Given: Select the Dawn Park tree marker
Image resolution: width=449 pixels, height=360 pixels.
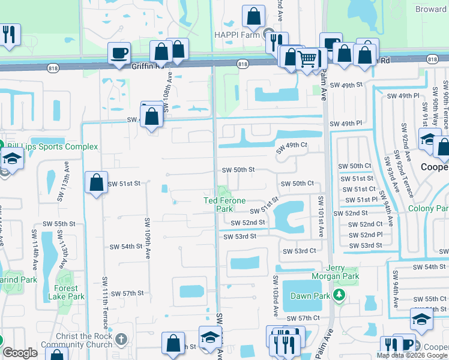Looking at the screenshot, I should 340,295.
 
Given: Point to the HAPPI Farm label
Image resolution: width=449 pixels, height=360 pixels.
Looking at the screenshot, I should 239,34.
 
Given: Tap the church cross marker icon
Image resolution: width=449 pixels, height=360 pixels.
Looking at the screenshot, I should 121,340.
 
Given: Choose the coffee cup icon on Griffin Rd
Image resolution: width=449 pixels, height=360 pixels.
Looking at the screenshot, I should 119,53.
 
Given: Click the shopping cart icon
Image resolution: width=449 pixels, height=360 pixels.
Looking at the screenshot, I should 307,59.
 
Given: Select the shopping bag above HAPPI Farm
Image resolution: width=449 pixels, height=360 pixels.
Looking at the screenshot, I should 254,17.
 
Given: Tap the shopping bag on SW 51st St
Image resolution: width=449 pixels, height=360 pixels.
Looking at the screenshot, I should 96,182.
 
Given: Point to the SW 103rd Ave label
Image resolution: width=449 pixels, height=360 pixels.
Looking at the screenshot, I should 276,296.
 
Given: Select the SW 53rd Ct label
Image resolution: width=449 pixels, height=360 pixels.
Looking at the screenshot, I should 299,251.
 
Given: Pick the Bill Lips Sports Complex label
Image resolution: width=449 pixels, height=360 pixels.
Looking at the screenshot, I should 52,146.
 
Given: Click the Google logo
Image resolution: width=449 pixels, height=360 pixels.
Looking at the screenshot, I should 20,353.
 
